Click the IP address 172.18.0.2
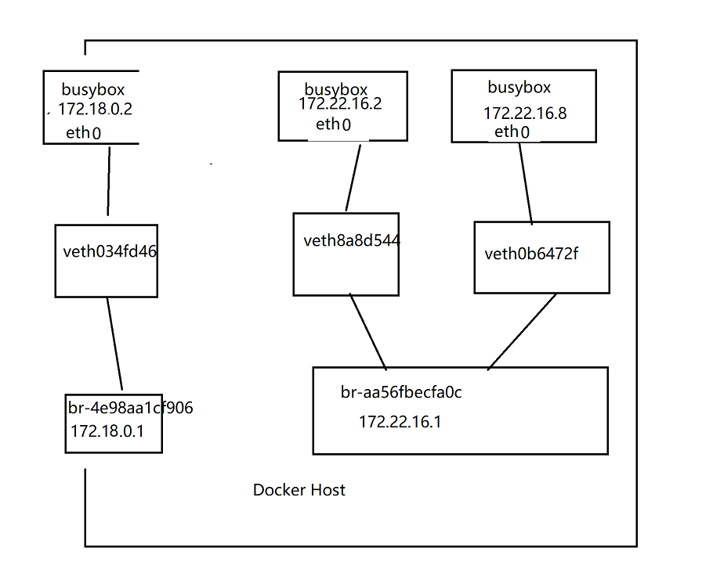click(x=95, y=110)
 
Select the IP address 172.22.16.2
click(x=340, y=104)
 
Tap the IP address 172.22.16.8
click(x=525, y=113)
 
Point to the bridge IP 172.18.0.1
click(x=107, y=431)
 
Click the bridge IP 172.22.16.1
click(x=400, y=422)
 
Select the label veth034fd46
click(x=106, y=252)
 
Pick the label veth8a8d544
click(x=352, y=240)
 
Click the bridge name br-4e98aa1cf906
click(x=130, y=408)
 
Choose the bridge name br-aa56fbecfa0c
click(x=401, y=392)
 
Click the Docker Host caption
click(x=299, y=490)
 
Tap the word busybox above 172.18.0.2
click(x=93, y=90)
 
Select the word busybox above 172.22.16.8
click(x=519, y=87)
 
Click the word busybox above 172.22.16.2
click(x=336, y=90)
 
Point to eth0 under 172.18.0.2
click(x=84, y=133)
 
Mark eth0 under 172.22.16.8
click(x=512, y=131)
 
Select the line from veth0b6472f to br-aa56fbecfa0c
click(x=522, y=331)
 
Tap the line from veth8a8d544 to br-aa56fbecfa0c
click(x=368, y=332)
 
